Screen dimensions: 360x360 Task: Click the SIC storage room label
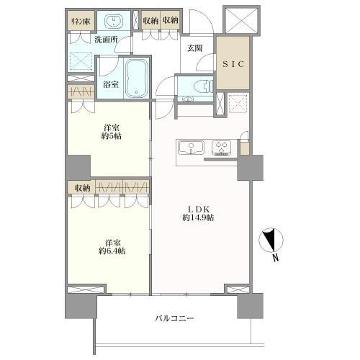coord(233,64)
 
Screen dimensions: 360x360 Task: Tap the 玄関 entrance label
coord(194,48)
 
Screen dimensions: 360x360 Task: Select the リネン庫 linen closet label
coord(81,22)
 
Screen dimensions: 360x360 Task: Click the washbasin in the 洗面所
coord(114,22)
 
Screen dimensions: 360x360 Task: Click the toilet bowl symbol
coord(203,86)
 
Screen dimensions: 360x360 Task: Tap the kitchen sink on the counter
coord(192,148)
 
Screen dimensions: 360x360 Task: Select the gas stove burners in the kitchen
coord(221,148)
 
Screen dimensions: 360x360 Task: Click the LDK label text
coord(199,209)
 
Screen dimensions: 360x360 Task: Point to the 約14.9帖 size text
coord(198,218)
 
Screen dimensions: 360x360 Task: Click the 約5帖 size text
coord(111,136)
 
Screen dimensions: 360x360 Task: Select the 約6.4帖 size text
coord(112,251)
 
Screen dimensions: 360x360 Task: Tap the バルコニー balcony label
coord(174,318)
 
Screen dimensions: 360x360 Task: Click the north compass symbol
coord(271,239)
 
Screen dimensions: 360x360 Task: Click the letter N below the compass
coord(276,258)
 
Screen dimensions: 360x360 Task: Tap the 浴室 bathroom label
coord(111,84)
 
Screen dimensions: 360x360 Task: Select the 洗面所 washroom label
coord(106,40)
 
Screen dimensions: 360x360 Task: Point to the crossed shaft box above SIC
coord(241,20)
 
